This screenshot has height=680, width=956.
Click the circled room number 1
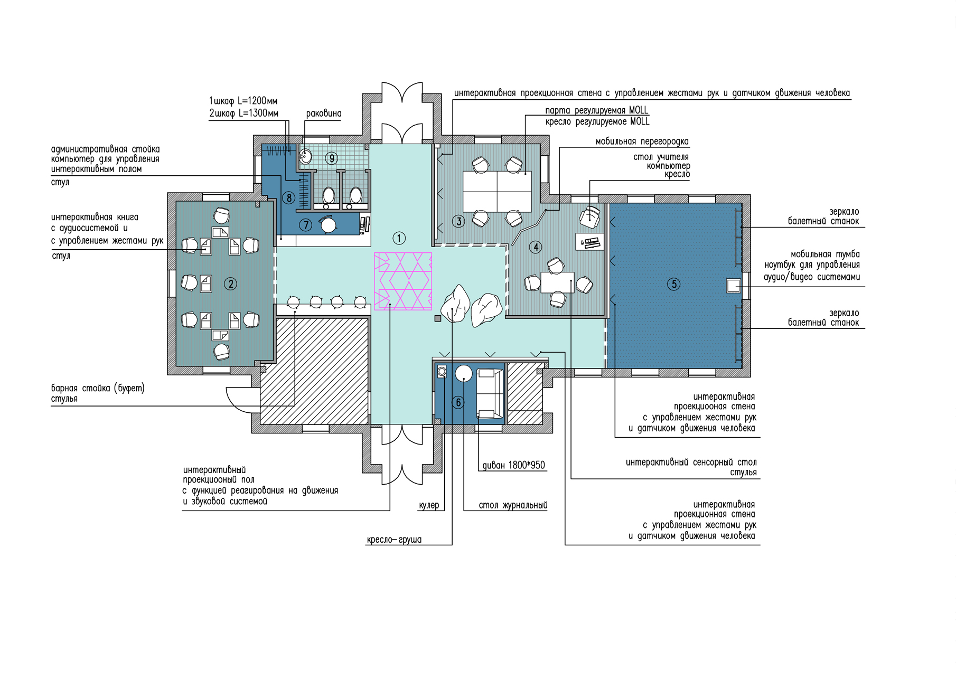point(399,238)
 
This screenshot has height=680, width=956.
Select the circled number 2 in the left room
point(230,284)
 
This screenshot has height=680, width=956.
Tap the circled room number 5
point(673,284)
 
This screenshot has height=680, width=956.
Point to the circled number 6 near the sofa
point(458,403)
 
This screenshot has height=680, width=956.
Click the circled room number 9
point(332,158)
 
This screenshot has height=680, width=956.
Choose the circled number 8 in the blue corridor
point(288,198)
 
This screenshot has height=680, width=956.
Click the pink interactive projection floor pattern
point(403,281)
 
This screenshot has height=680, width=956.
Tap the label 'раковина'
point(324,114)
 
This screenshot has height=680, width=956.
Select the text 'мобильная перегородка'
point(642,141)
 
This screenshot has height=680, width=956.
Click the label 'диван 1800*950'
point(514,465)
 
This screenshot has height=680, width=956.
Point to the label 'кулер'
point(429,505)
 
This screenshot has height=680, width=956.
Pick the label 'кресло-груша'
point(394,540)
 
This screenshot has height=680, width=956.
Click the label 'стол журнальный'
point(513,505)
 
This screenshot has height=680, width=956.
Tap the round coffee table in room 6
point(464,373)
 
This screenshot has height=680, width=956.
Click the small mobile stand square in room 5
point(734,286)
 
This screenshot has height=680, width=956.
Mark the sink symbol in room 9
point(306,156)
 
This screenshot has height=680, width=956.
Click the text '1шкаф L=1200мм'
point(243,101)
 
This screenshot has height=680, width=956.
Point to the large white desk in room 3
point(497,191)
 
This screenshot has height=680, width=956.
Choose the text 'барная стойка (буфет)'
point(98,389)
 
